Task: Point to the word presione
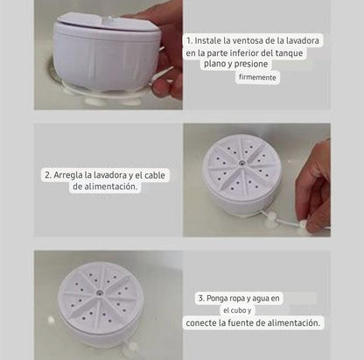coord(261,65)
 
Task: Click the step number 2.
coord(47,175)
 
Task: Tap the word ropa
coord(248,299)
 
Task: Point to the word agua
coord(272,299)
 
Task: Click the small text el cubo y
coord(237,311)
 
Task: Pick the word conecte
coord(208,323)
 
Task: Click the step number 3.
coord(200,299)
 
